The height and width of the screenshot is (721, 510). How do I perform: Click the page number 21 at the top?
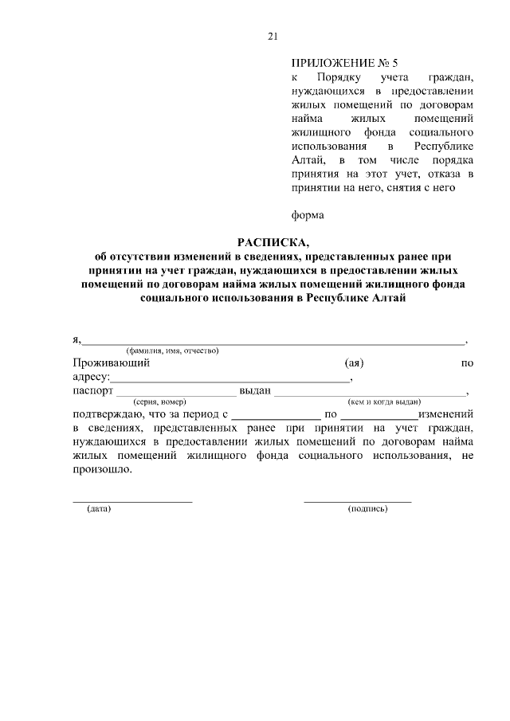[271, 36]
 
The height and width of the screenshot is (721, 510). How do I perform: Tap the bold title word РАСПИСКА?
[270, 242]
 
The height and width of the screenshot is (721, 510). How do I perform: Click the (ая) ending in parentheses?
[354, 363]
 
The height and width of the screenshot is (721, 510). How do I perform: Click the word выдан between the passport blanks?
[256, 391]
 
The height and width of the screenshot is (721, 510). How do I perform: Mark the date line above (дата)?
[132, 501]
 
